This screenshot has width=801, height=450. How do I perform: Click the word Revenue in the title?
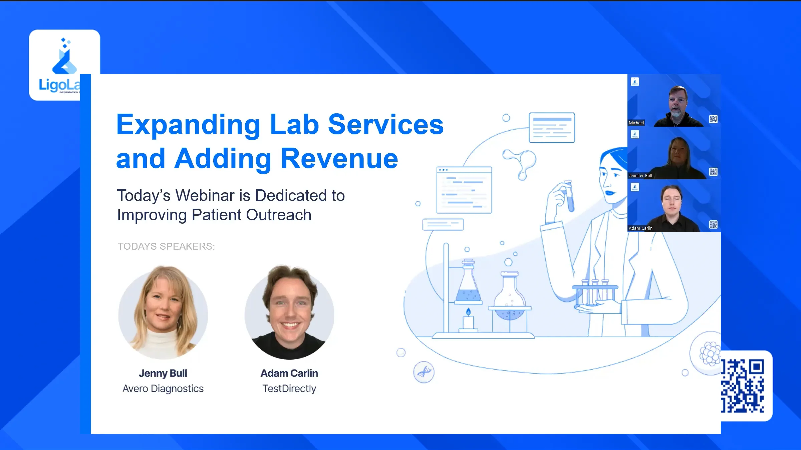click(339, 159)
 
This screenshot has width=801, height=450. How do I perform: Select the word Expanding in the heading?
click(188, 125)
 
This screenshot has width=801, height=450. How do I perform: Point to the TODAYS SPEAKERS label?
click(166, 246)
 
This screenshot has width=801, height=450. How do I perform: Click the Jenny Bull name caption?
click(163, 373)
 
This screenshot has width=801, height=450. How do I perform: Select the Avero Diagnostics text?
click(163, 389)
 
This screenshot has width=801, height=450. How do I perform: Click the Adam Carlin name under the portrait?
click(289, 373)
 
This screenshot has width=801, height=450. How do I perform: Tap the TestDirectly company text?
click(289, 389)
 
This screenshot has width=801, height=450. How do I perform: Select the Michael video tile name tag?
click(636, 123)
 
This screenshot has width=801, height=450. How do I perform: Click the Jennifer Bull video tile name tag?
click(640, 175)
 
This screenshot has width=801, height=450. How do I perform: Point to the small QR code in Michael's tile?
click(713, 119)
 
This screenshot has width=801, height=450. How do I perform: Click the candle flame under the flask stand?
click(468, 312)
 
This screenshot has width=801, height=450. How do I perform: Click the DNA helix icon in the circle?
click(424, 372)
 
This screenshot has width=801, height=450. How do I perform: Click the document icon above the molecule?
click(552, 128)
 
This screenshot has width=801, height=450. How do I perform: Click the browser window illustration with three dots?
click(464, 190)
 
